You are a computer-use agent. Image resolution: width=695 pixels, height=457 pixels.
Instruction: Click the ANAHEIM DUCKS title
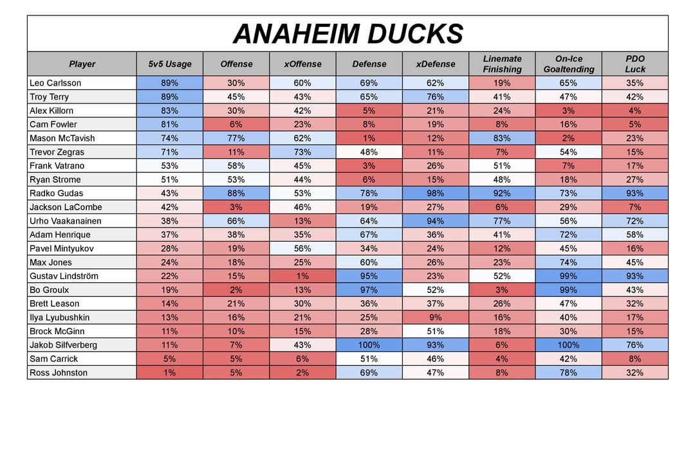coord(347,34)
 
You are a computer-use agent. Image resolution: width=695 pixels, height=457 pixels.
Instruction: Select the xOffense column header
coord(302,64)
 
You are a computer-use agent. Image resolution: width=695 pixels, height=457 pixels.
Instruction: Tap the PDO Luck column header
coord(635,64)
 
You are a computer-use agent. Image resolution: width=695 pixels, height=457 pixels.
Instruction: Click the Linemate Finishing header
coord(502,64)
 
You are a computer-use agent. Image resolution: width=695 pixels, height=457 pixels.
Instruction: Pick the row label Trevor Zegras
coord(57,152)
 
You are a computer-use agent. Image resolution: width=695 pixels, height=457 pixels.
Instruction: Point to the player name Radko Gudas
coord(56,193)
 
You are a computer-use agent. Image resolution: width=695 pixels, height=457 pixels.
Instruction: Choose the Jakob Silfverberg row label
coord(63,345)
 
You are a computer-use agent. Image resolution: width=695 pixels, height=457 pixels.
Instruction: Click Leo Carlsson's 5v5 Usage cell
coord(170,83)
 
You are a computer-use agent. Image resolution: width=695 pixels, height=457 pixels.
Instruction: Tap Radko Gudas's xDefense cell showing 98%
coord(436,193)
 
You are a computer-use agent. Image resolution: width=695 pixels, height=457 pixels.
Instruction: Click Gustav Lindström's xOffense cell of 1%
coord(302,276)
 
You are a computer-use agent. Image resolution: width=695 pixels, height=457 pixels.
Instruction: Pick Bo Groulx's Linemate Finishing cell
coord(502,290)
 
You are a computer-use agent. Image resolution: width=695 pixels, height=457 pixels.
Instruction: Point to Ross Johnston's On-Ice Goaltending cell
coord(568,373)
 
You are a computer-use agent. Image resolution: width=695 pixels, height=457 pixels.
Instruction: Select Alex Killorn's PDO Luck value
coord(635,111)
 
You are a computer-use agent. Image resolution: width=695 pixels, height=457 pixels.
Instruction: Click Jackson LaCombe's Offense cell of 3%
coord(236,207)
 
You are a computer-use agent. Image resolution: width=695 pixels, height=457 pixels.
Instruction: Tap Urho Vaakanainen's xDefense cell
coord(436,221)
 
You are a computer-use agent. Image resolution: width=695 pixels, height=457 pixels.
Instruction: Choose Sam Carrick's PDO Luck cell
coord(635,359)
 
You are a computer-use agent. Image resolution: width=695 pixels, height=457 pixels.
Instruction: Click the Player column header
coord(82,64)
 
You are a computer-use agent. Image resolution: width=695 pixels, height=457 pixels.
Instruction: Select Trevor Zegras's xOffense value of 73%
coord(302,152)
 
